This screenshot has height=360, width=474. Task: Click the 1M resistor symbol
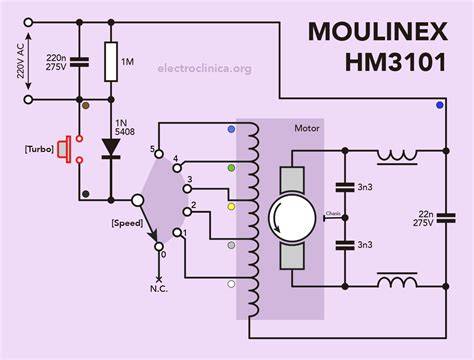(x=111, y=62)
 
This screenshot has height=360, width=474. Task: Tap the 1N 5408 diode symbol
(x=111, y=148)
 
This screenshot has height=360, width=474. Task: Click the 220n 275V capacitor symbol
(x=79, y=62)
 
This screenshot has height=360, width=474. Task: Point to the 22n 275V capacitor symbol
(x=446, y=218)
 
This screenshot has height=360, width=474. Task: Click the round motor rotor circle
(x=292, y=218)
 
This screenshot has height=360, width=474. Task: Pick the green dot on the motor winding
(x=231, y=168)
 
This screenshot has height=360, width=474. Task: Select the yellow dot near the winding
(x=231, y=207)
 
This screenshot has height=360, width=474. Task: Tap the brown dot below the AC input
(x=86, y=106)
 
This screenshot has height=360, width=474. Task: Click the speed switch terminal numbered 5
(x=159, y=154)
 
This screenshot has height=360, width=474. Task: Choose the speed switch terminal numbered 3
(x=188, y=189)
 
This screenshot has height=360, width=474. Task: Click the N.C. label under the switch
(x=159, y=289)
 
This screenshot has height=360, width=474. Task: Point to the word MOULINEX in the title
(x=377, y=32)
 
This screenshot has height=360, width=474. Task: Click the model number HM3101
(x=396, y=62)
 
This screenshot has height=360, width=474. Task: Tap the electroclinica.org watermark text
(x=205, y=68)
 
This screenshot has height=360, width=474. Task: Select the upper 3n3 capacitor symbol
(x=345, y=187)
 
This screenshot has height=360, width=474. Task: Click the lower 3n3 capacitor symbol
(x=345, y=245)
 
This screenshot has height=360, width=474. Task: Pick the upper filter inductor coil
(x=397, y=157)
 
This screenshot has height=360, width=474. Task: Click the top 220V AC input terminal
(x=28, y=22)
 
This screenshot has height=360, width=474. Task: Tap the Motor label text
(x=307, y=128)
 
